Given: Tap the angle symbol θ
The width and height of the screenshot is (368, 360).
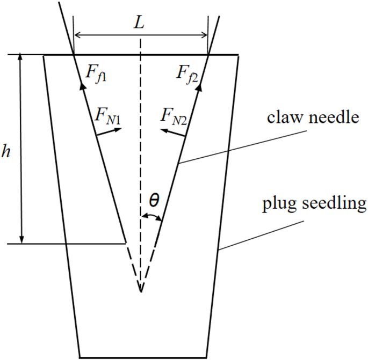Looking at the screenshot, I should pos(154,201).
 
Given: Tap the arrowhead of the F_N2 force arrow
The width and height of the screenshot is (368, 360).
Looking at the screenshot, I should pos(163,128).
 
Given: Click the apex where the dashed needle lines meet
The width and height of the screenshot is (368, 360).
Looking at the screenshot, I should pos(141,291).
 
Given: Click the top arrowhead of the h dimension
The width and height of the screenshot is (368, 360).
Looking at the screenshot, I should pos(21,58).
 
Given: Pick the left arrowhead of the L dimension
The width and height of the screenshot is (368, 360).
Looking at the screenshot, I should pos(77,36).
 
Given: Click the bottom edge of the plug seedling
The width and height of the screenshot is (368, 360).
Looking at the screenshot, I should pos(143,357).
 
